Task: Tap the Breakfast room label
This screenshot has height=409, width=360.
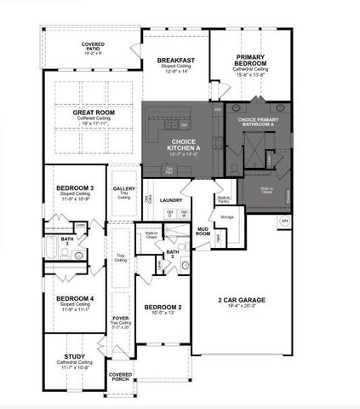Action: [x=176, y=60]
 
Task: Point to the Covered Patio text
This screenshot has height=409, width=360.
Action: [x=93, y=46]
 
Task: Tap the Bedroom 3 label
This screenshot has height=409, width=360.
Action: [x=75, y=187]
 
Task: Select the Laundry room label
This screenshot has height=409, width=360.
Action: [x=172, y=201]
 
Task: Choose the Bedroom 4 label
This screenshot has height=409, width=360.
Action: [x=75, y=298]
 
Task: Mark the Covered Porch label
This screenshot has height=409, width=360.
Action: [x=121, y=376]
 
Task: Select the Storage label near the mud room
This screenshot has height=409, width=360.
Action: [x=226, y=217]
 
